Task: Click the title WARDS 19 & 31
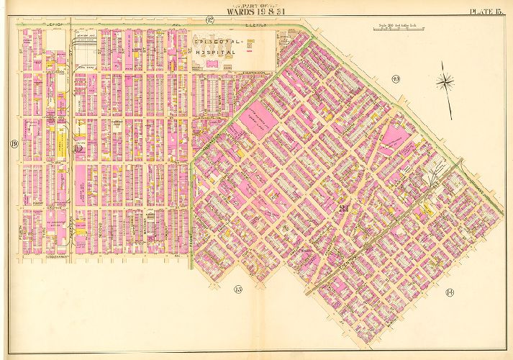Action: tap(255, 11)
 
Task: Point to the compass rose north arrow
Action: tap(447, 84)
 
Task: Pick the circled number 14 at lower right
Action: tap(450, 292)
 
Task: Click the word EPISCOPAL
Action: tap(218, 43)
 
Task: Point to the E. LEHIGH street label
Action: tap(255, 24)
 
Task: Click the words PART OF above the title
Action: tap(255, 4)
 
